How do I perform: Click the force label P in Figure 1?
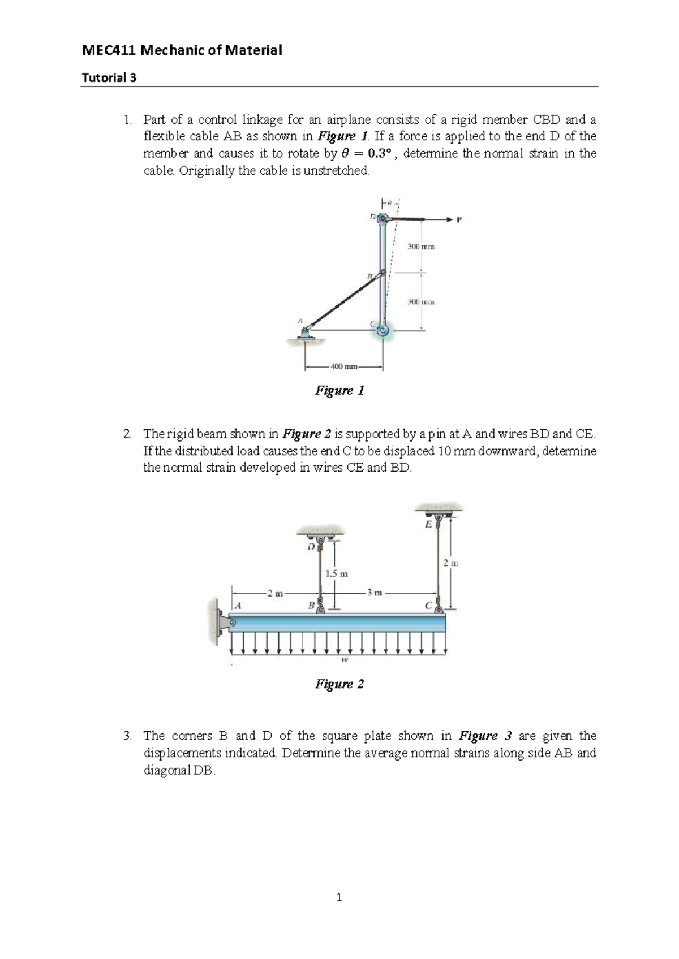coord(459,221)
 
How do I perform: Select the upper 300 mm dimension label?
coord(421,247)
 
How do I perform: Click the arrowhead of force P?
coord(450,219)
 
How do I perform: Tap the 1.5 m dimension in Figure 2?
coord(337,573)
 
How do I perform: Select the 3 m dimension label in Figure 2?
coord(374,593)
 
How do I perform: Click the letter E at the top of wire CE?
coord(428,525)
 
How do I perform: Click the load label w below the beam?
coord(345,660)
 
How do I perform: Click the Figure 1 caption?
coord(339,390)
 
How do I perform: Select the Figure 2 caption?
coord(339,684)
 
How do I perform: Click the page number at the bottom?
coord(339,897)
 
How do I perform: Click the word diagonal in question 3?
coord(167,770)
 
